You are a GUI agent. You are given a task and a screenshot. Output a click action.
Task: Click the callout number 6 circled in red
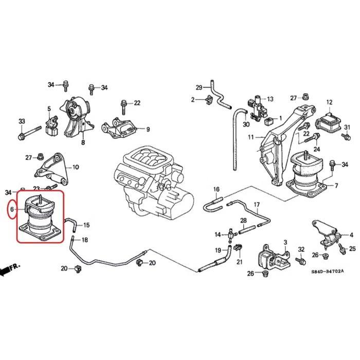pyautogui.click(x=12, y=210)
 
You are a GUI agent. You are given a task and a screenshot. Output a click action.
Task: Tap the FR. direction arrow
pyautogui.click(x=11, y=268)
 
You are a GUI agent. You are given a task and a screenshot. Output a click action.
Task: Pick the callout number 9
pyautogui.click(x=148, y=129)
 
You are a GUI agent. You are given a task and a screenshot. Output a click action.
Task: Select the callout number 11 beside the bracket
pyautogui.click(x=250, y=137)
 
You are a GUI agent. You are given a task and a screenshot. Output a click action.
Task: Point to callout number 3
pyautogui.click(x=284, y=241)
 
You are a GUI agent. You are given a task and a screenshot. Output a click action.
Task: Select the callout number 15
pyautogui.click(x=86, y=225)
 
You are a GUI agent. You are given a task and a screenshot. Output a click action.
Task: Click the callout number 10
pyautogui.click(x=76, y=167)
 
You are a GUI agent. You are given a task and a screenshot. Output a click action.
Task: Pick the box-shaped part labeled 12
pyautogui.click(x=329, y=123)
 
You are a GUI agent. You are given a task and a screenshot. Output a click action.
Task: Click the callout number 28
pyautogui.click(x=243, y=221)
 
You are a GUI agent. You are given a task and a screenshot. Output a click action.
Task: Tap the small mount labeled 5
pyautogui.click(x=51, y=125)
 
